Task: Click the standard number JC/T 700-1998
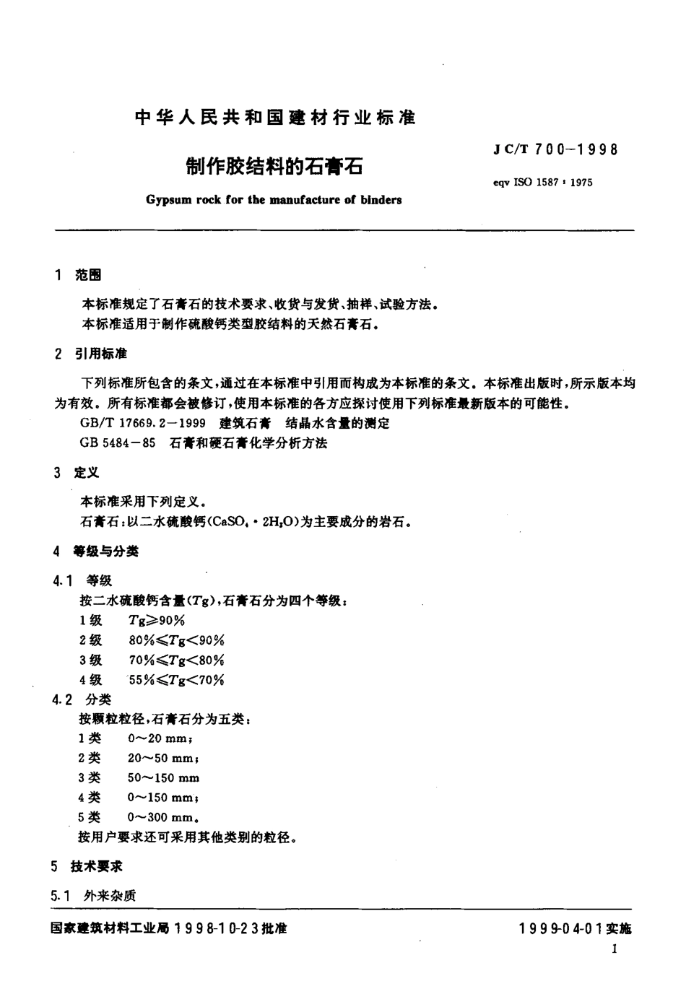(x=556, y=150)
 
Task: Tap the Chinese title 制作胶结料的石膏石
(x=274, y=167)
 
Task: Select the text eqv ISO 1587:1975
(x=542, y=183)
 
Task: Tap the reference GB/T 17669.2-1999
(x=144, y=424)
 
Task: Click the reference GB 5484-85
(x=118, y=443)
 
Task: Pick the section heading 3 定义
(x=77, y=473)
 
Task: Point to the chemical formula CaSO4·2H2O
(x=250, y=522)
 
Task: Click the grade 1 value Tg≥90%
(x=157, y=620)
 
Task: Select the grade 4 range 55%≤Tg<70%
(x=176, y=680)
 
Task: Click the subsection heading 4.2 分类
(x=82, y=699)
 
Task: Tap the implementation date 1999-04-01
(x=561, y=929)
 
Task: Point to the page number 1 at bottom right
(x=614, y=949)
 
